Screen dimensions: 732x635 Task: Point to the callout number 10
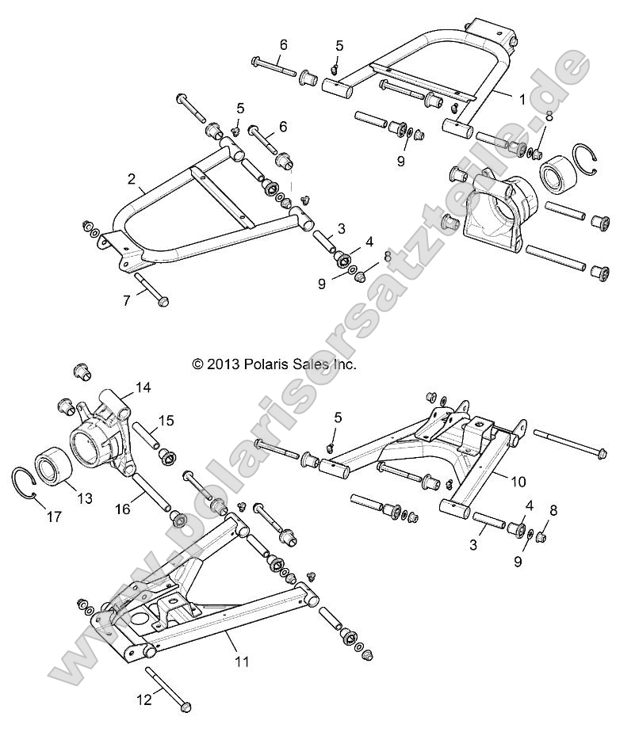click(517, 481)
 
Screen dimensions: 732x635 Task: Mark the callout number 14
click(143, 387)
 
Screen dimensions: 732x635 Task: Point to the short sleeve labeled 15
click(151, 437)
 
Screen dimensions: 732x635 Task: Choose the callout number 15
click(166, 420)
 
